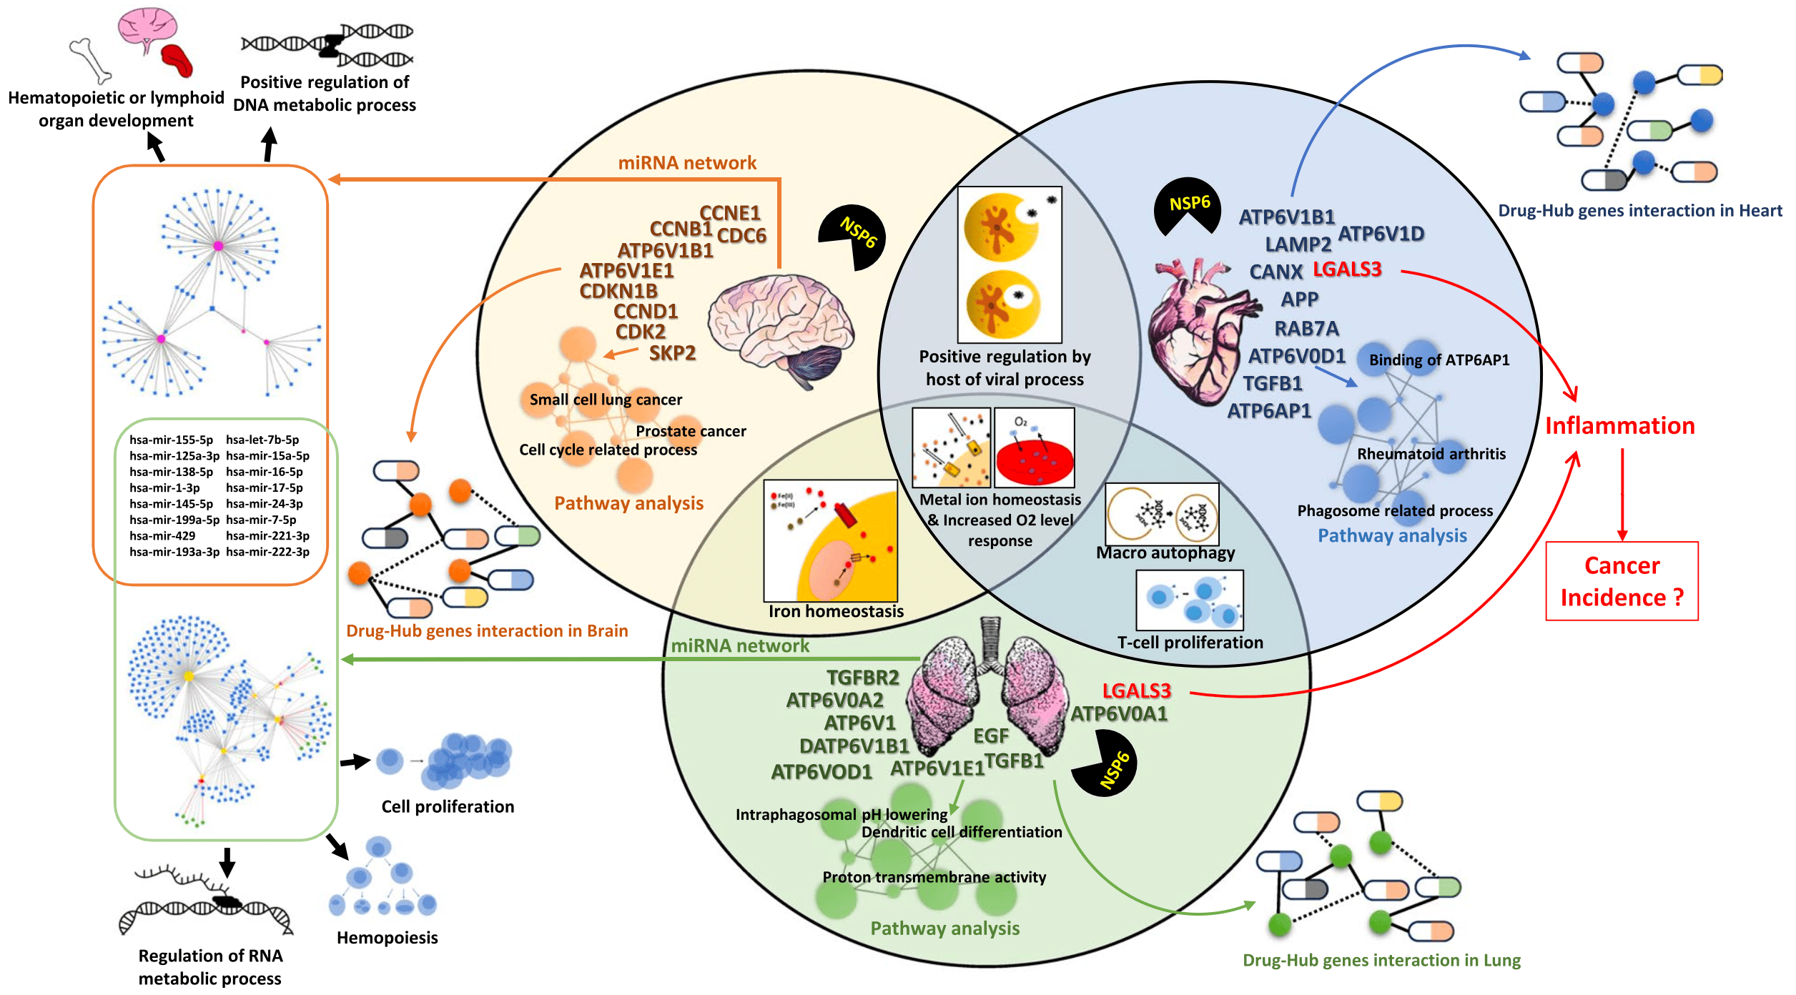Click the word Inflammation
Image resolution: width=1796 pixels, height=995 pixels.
point(1619,426)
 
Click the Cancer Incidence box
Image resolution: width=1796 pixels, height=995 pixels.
point(1622,581)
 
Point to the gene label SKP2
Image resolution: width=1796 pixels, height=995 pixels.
point(672,353)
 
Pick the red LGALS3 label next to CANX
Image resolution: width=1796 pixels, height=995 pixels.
point(1347,269)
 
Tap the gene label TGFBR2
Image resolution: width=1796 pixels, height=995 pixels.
point(862,678)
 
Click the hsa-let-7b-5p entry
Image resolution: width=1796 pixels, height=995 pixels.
point(262,440)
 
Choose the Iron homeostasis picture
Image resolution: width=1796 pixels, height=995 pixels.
point(830,540)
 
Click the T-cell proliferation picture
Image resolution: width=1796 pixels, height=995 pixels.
point(1190,600)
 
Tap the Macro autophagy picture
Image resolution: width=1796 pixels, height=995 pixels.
point(1162,514)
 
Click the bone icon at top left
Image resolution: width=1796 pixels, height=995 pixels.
point(90,61)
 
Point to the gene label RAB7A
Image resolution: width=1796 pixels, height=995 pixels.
point(1306,329)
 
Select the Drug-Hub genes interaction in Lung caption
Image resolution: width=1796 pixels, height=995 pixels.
point(1381,960)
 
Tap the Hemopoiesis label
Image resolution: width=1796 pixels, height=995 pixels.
point(387,938)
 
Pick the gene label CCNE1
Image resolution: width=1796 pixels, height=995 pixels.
point(729,213)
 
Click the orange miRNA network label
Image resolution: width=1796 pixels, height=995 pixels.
point(686,163)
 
